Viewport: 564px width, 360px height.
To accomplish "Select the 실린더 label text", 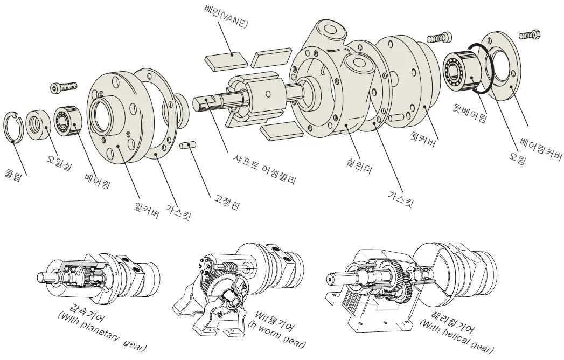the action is pyautogui.click(x=359, y=164).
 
